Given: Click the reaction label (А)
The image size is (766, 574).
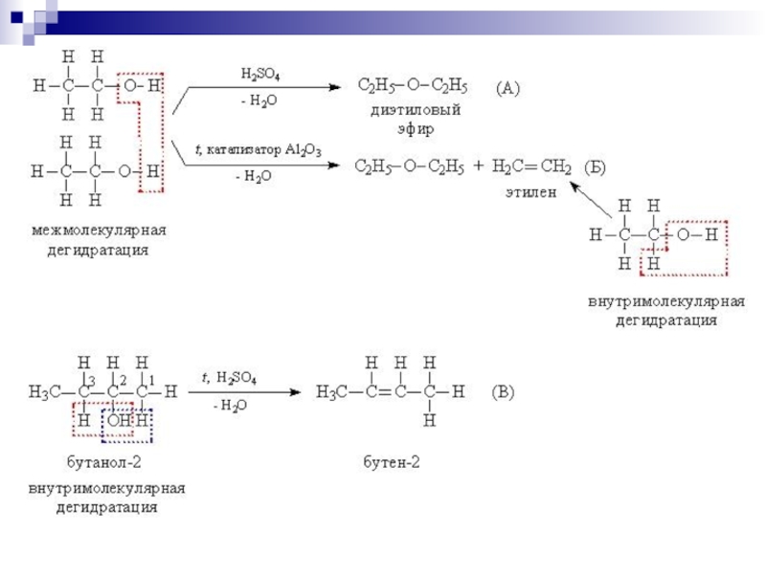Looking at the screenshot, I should click(x=507, y=89).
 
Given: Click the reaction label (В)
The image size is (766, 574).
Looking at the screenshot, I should click(x=504, y=391).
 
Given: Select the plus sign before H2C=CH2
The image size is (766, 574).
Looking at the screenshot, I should click(x=478, y=168).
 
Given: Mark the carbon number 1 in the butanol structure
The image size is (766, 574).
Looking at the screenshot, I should click(x=151, y=380).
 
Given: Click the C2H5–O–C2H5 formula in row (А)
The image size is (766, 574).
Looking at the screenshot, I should click(x=412, y=88).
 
